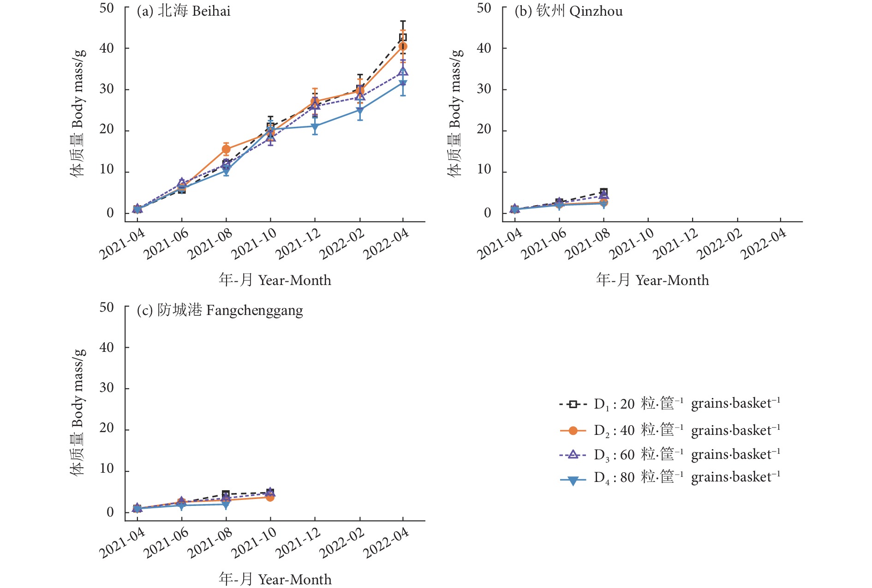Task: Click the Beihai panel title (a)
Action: (183, 11)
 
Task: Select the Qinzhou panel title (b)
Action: (568, 11)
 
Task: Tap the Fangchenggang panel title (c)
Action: (220, 310)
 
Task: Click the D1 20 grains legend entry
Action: (669, 404)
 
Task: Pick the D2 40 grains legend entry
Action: (669, 430)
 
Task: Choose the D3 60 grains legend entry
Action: (669, 455)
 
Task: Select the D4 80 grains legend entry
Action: (669, 477)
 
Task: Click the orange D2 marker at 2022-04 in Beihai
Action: (403, 46)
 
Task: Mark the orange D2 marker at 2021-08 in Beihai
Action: (226, 149)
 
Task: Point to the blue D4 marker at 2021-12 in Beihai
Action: (315, 126)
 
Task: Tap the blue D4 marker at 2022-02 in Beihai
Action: (360, 111)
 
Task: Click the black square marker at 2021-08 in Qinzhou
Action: (603, 192)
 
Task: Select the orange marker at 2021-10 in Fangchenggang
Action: (270, 497)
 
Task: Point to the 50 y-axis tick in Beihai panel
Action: (107, 8)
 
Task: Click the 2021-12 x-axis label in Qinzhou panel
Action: (675, 244)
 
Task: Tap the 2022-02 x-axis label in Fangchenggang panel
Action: (342, 543)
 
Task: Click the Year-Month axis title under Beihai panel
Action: (275, 280)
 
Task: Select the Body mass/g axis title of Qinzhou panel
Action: (455, 113)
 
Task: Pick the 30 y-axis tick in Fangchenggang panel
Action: (107, 388)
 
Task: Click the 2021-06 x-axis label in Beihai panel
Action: (166, 244)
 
